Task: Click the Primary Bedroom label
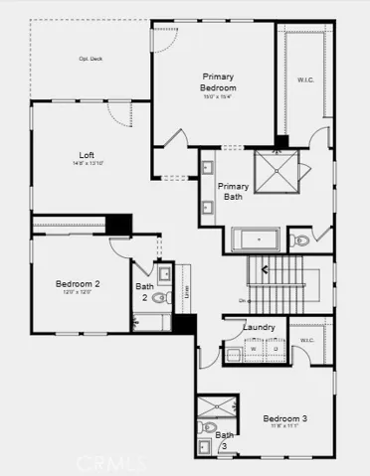(x=218, y=81)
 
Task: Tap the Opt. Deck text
(x=92, y=58)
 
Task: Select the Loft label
(x=88, y=155)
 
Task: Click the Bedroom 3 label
(x=284, y=419)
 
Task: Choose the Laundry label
(x=259, y=327)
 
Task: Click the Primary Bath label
(x=233, y=191)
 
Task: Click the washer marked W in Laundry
(x=253, y=349)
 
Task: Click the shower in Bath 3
(x=216, y=406)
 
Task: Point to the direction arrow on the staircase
(x=263, y=266)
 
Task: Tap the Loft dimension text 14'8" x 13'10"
(x=88, y=165)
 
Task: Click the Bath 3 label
(x=225, y=440)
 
